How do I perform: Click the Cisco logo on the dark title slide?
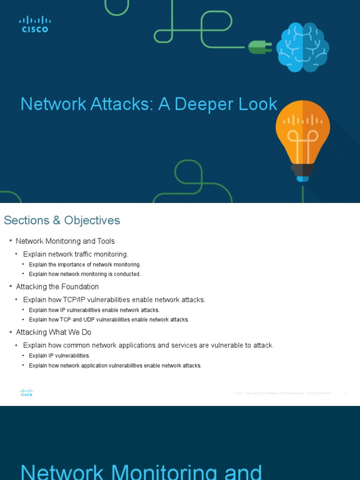coord(35,24)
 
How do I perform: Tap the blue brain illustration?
coord(302,47)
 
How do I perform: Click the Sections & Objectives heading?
coord(62,220)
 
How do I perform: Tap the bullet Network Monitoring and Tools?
coord(65,241)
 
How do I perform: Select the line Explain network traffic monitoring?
coord(75,254)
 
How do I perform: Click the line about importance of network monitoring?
coord(85,265)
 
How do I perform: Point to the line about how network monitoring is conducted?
coord(85,274)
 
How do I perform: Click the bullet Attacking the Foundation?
coord(58,286)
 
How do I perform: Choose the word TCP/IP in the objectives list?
coord(82,300)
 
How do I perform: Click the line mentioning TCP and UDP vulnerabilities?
coord(109,320)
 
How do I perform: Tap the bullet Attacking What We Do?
coord(54,332)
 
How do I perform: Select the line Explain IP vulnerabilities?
coord(60,356)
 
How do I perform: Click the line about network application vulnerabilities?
coord(115,366)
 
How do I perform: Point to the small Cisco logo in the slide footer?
coord(27,392)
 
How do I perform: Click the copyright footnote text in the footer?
coord(282,393)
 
